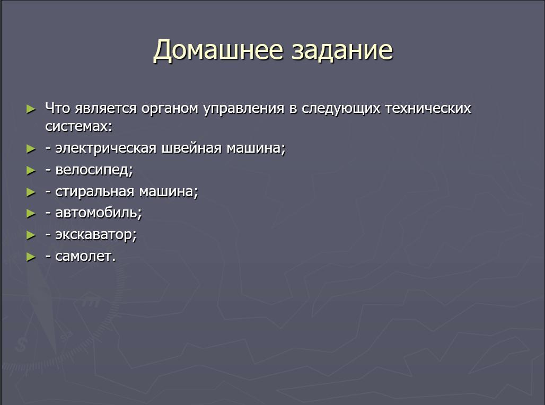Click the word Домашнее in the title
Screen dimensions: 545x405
pyautogui.click(x=218, y=50)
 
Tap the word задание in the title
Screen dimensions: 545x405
pyautogui.click(x=342, y=50)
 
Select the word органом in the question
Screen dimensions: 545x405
pyautogui.click(x=170, y=109)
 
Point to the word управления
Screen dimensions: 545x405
pyautogui.click(x=244, y=109)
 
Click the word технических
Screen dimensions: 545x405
pyautogui.click(x=428, y=108)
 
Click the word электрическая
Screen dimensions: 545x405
pyautogui.click(x=106, y=148)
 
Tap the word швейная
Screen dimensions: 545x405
pyautogui.click(x=192, y=148)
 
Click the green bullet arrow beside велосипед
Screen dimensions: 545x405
pyautogui.click(x=31, y=171)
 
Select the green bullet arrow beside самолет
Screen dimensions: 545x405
pyautogui.click(x=31, y=257)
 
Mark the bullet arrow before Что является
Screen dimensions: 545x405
pyautogui.click(x=31, y=109)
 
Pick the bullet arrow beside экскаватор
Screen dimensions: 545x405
pyautogui.click(x=31, y=235)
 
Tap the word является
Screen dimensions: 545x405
pyautogui.click(x=106, y=109)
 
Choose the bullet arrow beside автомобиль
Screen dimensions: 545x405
pyautogui.click(x=31, y=214)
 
